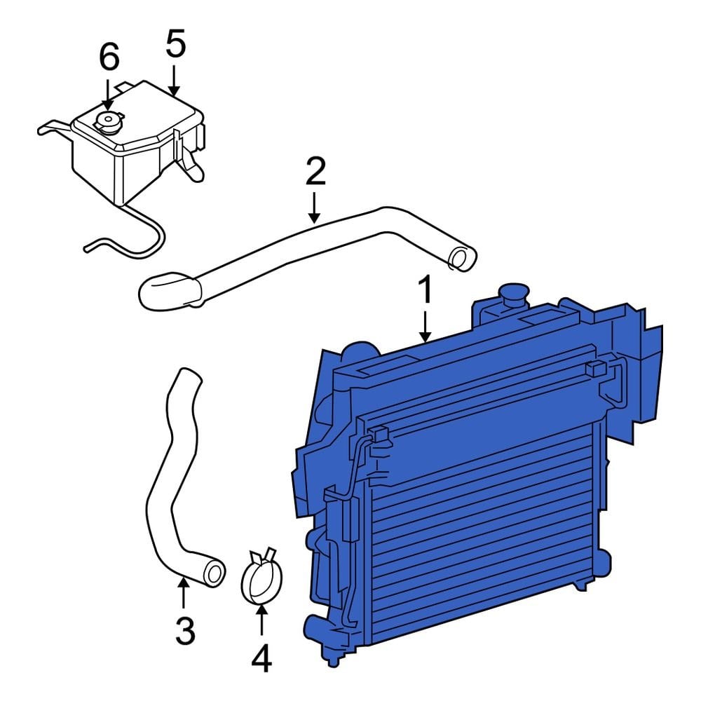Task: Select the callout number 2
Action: [x=315, y=171]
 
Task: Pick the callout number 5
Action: [x=175, y=44]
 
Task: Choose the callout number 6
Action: [x=109, y=58]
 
